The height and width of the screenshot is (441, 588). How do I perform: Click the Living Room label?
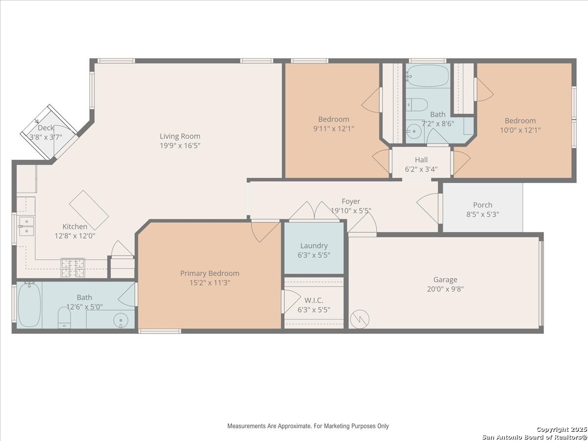(x=180, y=136)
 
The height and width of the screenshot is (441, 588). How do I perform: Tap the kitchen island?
(x=89, y=210)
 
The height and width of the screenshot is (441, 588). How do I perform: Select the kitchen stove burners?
(x=73, y=268)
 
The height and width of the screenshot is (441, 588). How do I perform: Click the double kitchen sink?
(x=26, y=226)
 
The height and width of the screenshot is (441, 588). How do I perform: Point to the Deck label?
(x=46, y=128)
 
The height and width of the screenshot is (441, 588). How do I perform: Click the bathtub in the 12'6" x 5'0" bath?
(x=29, y=305)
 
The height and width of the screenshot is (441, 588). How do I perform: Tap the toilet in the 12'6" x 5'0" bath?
(x=64, y=318)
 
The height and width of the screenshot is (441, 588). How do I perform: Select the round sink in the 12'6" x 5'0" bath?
(x=121, y=320)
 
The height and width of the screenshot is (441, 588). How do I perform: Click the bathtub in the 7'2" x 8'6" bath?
(x=428, y=75)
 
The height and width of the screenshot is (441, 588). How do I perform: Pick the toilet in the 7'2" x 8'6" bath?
(x=417, y=105)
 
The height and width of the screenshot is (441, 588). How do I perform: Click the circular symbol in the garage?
(x=360, y=319)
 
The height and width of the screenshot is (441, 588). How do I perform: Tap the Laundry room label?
(x=314, y=245)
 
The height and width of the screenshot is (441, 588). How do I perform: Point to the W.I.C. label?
(x=314, y=300)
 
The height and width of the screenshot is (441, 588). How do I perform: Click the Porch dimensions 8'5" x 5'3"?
(x=483, y=215)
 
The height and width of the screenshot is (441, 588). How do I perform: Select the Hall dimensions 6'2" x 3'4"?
(x=421, y=169)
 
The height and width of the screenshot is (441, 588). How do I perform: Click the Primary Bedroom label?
(x=210, y=273)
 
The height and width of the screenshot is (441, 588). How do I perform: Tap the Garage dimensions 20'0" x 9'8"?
(x=445, y=289)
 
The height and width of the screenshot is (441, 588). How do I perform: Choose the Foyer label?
(x=351, y=201)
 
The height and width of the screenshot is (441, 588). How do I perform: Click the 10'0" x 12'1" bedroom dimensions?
(x=520, y=130)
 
